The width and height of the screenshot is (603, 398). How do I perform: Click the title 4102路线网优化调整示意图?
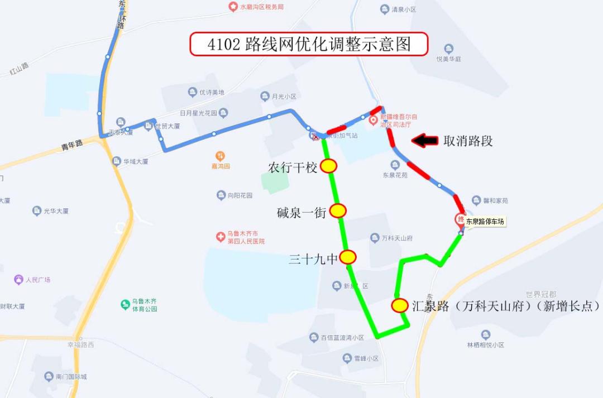[x=309, y=44]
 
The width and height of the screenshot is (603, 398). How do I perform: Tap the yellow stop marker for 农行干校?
[x=328, y=166]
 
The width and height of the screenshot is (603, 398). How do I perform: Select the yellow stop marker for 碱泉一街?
[x=338, y=210]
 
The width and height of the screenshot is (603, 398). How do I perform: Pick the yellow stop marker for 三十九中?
[x=348, y=257]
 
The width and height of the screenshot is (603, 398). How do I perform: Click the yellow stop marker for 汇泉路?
[x=400, y=305]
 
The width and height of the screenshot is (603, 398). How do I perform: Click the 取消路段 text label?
[x=468, y=141]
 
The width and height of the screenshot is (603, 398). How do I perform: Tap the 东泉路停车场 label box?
[x=485, y=222]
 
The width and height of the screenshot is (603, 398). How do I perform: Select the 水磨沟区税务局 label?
[x=261, y=7]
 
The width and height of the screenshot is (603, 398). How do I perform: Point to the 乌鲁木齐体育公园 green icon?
[x=126, y=304]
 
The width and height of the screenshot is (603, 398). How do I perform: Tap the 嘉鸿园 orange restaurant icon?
[x=221, y=156]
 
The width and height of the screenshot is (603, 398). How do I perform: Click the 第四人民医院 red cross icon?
[x=221, y=237]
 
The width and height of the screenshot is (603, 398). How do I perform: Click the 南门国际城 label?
[x=71, y=377]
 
